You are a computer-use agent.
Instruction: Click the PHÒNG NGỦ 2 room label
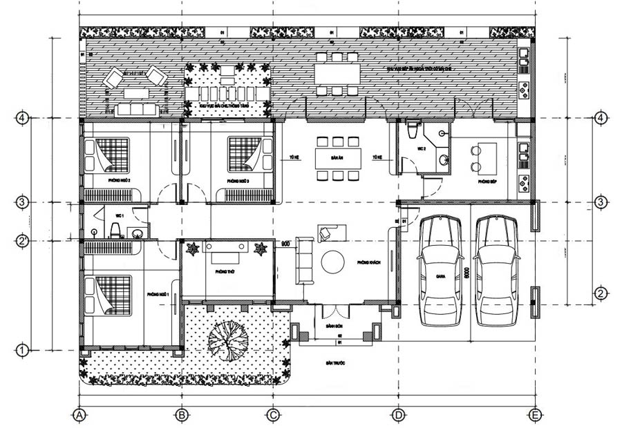120,180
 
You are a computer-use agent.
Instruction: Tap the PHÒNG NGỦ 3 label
238,180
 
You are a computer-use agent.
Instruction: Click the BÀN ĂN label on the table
337,157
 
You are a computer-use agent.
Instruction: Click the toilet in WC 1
117,228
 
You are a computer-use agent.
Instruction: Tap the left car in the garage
440,269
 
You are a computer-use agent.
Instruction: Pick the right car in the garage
496,269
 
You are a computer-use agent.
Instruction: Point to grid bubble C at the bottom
272,415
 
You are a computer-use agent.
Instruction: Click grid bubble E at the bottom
534,415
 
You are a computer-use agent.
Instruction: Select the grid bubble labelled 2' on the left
23,241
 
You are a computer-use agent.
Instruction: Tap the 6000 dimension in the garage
468,273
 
